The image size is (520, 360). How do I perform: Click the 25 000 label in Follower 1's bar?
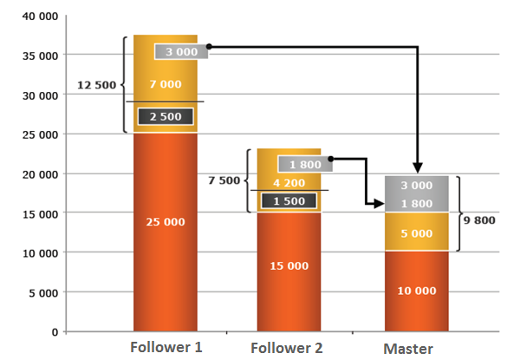(x=166, y=222)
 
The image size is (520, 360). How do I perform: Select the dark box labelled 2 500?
(x=166, y=116)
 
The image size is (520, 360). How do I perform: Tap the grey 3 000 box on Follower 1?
(x=181, y=51)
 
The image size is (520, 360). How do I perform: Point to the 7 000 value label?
(x=166, y=84)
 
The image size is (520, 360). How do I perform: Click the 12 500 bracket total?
(x=96, y=85)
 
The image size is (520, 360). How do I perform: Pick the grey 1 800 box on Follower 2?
(x=305, y=164)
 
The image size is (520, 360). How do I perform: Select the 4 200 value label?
(x=289, y=182)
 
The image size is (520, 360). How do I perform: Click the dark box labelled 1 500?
(x=289, y=201)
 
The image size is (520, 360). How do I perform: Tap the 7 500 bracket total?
(x=224, y=180)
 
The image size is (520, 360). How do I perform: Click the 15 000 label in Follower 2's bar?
(x=289, y=265)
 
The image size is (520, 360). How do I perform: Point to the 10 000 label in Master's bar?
(x=417, y=291)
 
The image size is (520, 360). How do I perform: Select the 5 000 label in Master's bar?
(x=417, y=233)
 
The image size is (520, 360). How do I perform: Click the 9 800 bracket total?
(x=479, y=220)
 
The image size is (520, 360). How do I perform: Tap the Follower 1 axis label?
(x=166, y=347)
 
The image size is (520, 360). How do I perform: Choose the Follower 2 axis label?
(x=287, y=348)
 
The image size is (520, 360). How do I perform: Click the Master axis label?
(x=408, y=349)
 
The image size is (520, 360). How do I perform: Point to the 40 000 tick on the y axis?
(x=40, y=16)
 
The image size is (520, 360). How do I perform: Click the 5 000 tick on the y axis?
(x=43, y=293)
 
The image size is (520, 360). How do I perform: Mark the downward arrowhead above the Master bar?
(x=418, y=167)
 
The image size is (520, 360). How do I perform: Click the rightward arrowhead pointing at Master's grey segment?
(x=379, y=203)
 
